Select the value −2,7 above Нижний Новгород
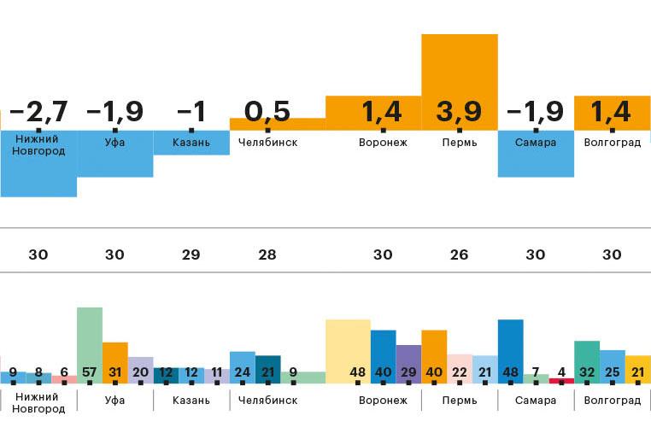(x=38, y=112)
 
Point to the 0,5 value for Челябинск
(x=267, y=112)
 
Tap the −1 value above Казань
(x=191, y=112)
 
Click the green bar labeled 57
(x=90, y=342)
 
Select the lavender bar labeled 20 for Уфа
(x=141, y=369)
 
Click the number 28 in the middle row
(x=267, y=255)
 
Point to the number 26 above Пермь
(x=460, y=255)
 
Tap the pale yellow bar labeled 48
(x=348, y=350)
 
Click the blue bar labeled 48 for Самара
(x=510, y=350)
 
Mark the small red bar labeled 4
(x=561, y=380)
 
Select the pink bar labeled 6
(x=64, y=378)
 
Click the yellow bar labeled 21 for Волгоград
(x=637, y=369)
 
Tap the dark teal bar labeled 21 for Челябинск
(x=268, y=368)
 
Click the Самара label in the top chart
(x=536, y=143)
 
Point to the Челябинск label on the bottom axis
(x=267, y=400)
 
